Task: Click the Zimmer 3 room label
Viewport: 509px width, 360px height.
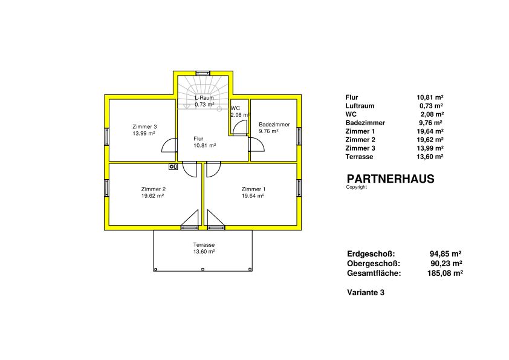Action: [x=144, y=126]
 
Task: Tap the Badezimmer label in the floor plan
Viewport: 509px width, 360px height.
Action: [x=274, y=125]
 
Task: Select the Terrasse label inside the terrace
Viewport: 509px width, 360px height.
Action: [x=204, y=245]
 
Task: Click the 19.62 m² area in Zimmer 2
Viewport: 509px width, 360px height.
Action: [x=152, y=196]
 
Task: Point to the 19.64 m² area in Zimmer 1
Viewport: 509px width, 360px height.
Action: [x=253, y=196]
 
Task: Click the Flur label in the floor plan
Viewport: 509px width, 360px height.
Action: [x=198, y=139]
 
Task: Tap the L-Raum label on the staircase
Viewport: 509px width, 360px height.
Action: [x=204, y=98]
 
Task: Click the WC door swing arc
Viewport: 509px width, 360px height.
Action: [x=240, y=128]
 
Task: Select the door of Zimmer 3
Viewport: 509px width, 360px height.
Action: [x=169, y=145]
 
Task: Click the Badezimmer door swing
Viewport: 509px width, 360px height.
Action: [x=257, y=145]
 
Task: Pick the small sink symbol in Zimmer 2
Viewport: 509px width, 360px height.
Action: [x=173, y=166]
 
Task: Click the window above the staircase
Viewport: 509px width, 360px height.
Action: [x=203, y=73]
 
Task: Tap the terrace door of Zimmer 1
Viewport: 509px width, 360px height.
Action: [x=216, y=220]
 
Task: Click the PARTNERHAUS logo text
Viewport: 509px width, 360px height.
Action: [x=391, y=179]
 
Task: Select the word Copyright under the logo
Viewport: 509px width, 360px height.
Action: [x=357, y=187]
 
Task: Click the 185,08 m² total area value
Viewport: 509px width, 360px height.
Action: [x=445, y=273]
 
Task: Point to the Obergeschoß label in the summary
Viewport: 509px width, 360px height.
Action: [x=374, y=264]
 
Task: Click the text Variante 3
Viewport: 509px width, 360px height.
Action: [x=366, y=292]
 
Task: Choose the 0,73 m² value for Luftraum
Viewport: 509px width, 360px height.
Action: [x=431, y=106]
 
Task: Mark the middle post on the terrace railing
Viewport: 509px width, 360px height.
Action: [x=203, y=269]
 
